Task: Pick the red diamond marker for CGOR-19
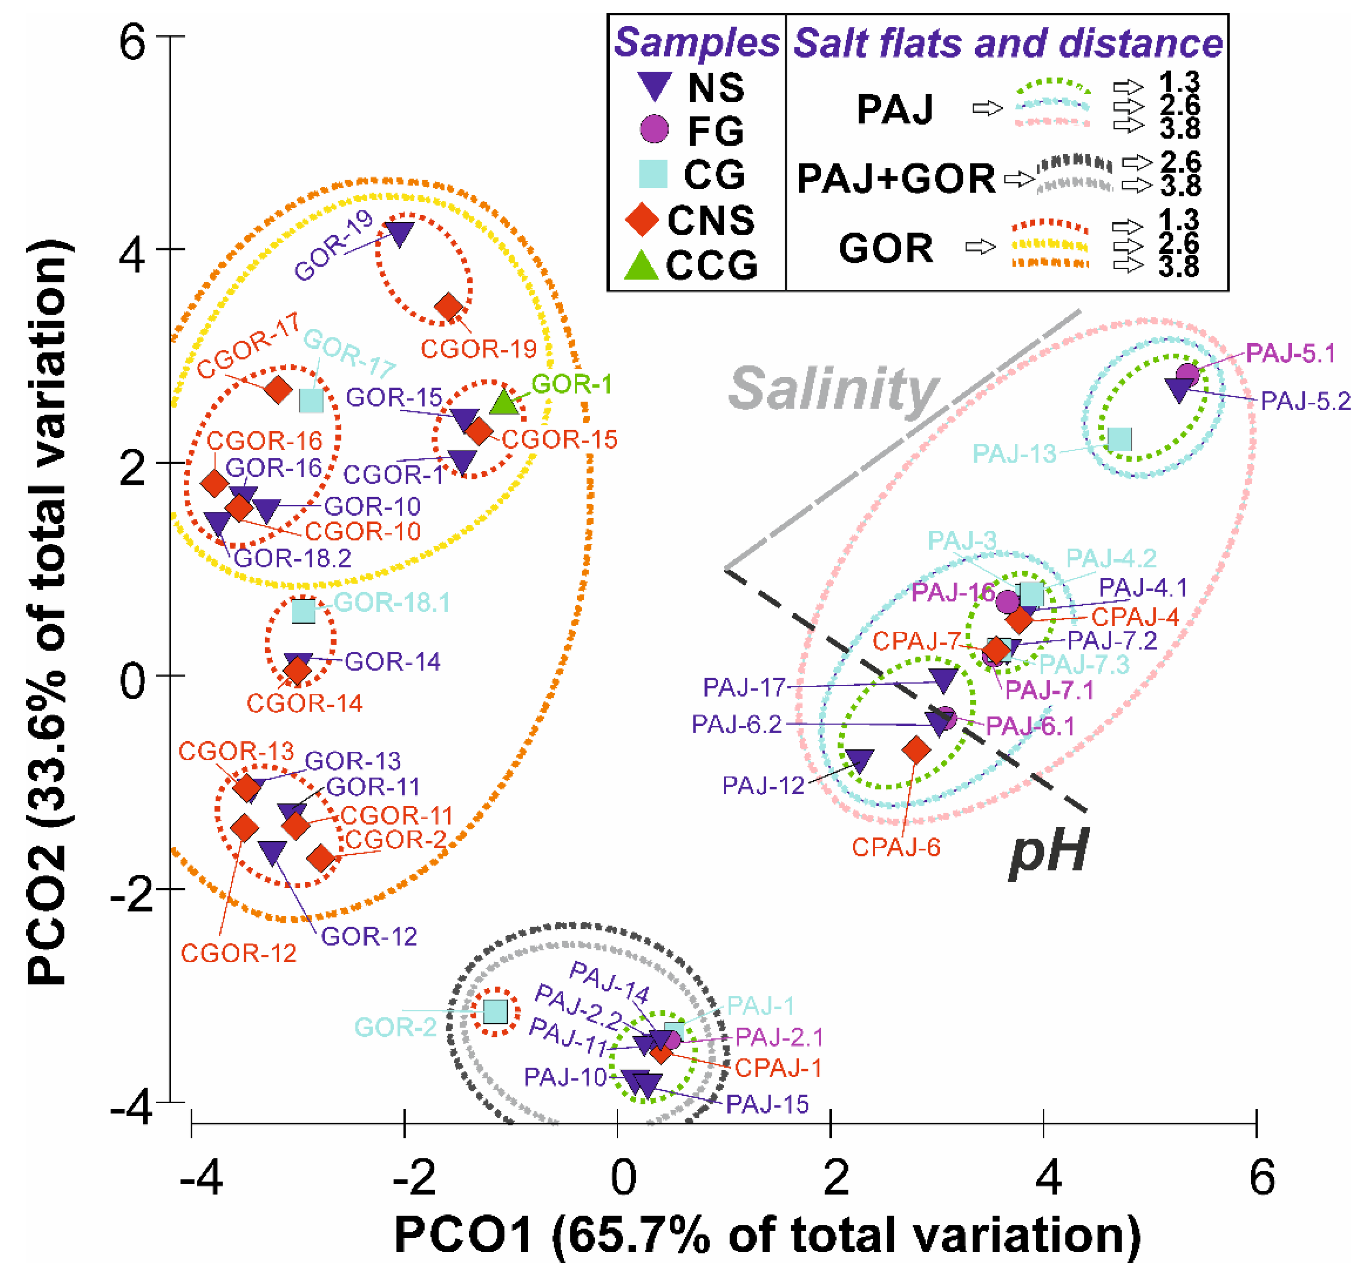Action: click(x=450, y=307)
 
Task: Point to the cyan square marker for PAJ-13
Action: click(x=1120, y=439)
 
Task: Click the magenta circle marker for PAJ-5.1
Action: click(x=1188, y=375)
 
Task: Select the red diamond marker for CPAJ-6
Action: click(x=917, y=750)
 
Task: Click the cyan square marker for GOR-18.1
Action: click(x=304, y=611)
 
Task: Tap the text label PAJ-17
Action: click(x=744, y=687)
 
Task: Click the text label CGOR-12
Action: click(x=239, y=953)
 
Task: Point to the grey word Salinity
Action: click(x=833, y=390)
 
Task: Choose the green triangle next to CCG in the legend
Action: click(x=642, y=266)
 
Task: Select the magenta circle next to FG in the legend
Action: click(x=654, y=129)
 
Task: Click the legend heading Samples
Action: click(x=697, y=43)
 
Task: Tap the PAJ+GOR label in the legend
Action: click(x=895, y=178)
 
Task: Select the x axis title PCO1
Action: click(x=464, y=1235)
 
